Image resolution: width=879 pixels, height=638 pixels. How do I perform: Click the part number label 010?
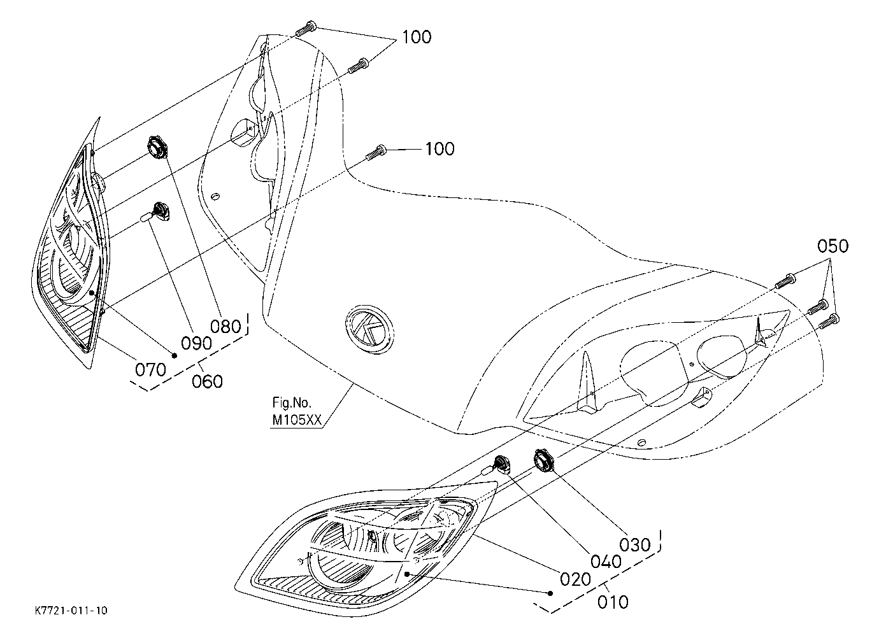click(x=613, y=602)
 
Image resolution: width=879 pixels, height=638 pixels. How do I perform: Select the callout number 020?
click(x=575, y=579)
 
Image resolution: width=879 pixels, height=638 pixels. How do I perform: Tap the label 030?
click(x=635, y=544)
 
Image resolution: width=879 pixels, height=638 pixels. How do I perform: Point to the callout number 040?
click(x=606, y=562)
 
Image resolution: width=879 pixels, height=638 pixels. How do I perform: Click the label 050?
click(x=833, y=246)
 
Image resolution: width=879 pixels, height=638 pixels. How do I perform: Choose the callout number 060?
click(x=207, y=381)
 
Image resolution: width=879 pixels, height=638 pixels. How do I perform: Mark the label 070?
click(x=151, y=369)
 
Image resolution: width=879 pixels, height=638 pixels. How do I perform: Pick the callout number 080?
click(x=225, y=327)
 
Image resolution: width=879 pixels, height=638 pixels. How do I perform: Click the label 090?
click(x=197, y=343)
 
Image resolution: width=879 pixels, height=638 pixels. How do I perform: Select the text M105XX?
click(x=297, y=420)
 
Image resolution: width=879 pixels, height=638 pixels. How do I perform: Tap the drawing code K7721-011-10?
click(x=71, y=611)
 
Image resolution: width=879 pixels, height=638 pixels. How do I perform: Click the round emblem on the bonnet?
click(x=369, y=329)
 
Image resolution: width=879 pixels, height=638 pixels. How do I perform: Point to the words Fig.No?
click(x=292, y=402)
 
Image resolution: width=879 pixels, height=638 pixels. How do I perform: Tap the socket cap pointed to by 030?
click(x=543, y=460)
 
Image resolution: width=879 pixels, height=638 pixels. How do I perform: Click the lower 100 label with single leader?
click(x=440, y=149)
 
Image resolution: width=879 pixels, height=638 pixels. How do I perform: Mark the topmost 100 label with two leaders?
click(x=417, y=37)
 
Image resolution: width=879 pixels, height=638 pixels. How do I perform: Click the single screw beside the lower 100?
click(x=376, y=152)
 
